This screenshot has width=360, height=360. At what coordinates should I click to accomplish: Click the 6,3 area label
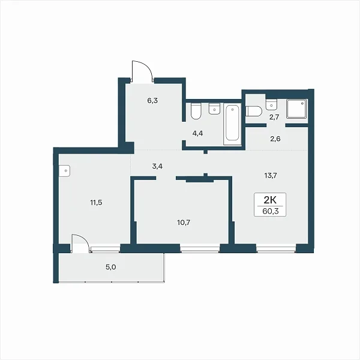coord(152,101)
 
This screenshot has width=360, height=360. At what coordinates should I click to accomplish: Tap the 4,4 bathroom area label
coord(197,133)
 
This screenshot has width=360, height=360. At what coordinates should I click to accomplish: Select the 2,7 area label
coord(274,118)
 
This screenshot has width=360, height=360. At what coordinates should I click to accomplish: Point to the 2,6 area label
coord(275,139)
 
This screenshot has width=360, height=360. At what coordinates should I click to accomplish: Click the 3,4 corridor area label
coord(157,166)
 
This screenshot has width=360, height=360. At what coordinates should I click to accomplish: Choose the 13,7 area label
coord(271,176)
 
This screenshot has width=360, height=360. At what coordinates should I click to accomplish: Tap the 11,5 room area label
coord(96,203)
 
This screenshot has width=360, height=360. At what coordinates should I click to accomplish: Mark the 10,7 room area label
coord(184,222)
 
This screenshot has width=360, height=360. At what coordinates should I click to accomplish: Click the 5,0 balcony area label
coord(110,267)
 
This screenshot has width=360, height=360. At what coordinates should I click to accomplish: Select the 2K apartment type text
coord(270,200)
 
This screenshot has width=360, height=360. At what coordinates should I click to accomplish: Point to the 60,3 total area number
coord(271,211)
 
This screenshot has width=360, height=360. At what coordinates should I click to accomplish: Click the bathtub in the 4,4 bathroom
coord(232,124)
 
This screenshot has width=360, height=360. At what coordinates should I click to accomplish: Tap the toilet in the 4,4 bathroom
coord(196,111)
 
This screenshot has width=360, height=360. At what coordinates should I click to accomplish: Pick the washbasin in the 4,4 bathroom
coord(214,109)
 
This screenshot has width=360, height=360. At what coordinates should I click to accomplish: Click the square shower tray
coord(296,109)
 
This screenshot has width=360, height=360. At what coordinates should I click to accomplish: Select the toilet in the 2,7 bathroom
coord(254,112)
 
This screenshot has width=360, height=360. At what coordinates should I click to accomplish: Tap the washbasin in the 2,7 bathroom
coord(272,104)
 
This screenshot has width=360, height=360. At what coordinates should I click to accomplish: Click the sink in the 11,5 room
coord(64,171)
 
